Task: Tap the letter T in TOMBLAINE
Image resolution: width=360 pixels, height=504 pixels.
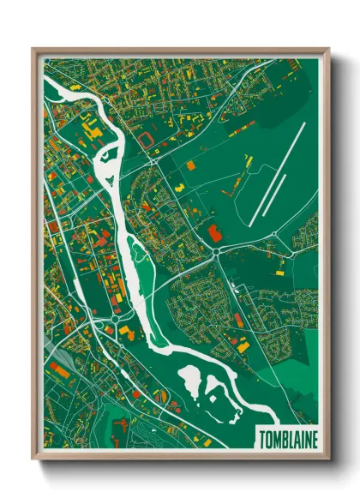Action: click(x=261, y=438)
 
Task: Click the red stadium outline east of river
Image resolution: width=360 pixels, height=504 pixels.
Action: click(x=153, y=136)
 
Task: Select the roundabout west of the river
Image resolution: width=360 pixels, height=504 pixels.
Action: click(x=114, y=321)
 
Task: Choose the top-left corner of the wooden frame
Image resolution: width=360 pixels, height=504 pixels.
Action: click(x=33, y=50)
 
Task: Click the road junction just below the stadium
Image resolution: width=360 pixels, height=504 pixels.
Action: click(x=153, y=159)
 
